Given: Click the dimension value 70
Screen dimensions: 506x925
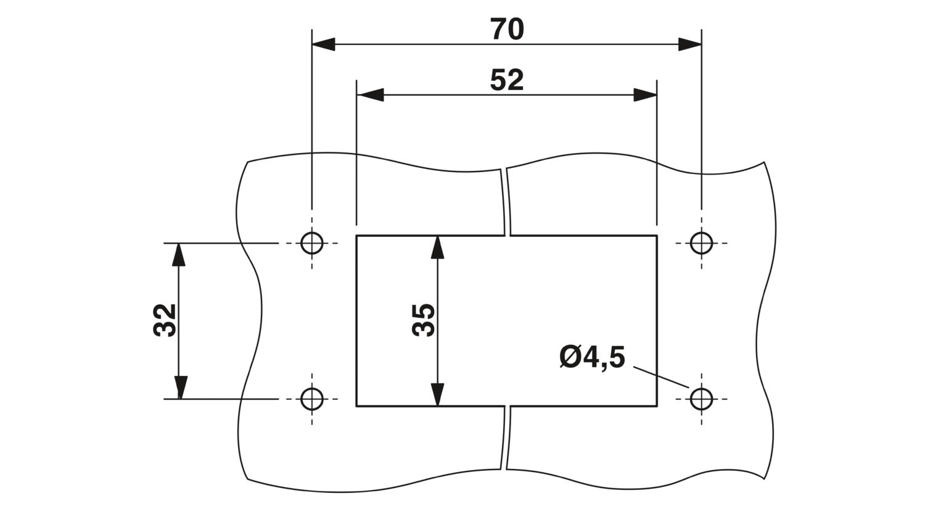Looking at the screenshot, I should (x=507, y=29).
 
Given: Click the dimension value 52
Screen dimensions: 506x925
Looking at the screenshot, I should (x=507, y=80).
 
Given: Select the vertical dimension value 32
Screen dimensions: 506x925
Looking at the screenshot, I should (x=165, y=320).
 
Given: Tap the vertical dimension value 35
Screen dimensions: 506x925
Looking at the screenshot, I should (x=424, y=320).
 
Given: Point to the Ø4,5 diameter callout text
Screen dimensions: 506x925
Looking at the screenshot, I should (x=593, y=358).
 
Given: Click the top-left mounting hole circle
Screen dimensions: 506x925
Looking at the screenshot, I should (x=312, y=243).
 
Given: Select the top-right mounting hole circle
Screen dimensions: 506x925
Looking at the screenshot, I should (x=701, y=243).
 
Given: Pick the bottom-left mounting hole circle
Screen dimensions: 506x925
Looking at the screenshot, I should (x=312, y=399).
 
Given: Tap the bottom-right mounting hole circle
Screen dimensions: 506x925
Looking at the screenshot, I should (x=701, y=399).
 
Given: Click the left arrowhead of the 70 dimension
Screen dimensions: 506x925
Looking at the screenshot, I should (x=323, y=44).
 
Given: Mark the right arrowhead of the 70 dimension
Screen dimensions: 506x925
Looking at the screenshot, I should (x=690, y=44).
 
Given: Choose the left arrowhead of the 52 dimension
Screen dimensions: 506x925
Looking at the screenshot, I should (x=370, y=95).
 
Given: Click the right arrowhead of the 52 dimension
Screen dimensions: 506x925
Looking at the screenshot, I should (x=644, y=95).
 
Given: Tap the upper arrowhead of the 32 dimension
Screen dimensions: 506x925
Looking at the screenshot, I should (x=179, y=254).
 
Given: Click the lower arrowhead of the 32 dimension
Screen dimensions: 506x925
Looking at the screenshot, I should (x=179, y=388).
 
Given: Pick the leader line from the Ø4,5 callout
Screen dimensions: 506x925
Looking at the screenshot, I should (x=661, y=378).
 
